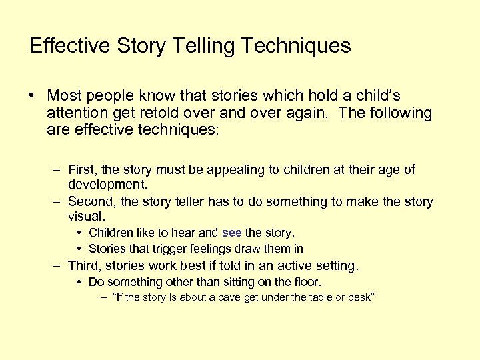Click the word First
pyautogui.click(x=83, y=170)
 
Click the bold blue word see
pyautogui.click(x=231, y=233)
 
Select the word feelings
pyautogui.click(x=216, y=249)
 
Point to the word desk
pyautogui.click(x=357, y=297)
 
